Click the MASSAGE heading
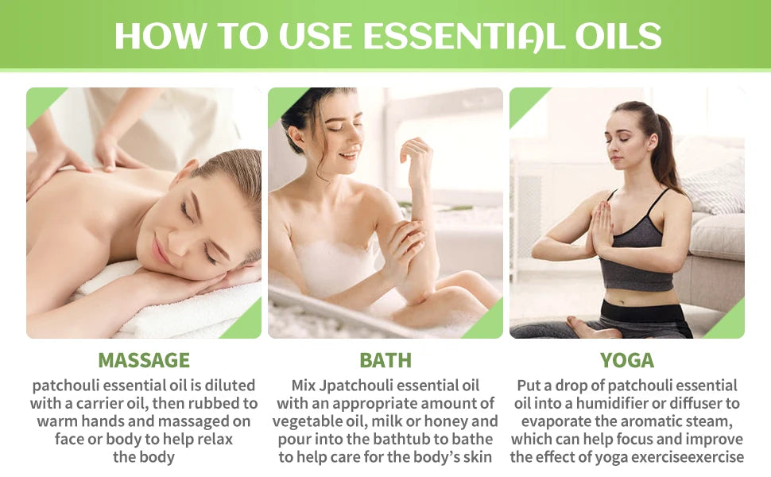click(144, 360)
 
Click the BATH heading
click(385, 360)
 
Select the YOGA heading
click(627, 360)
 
